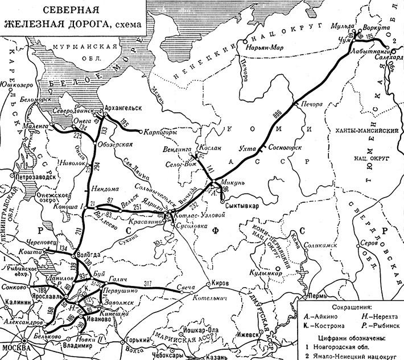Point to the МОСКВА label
pos(15,347)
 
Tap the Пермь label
pos(315,296)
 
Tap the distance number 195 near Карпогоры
pos(125,124)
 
